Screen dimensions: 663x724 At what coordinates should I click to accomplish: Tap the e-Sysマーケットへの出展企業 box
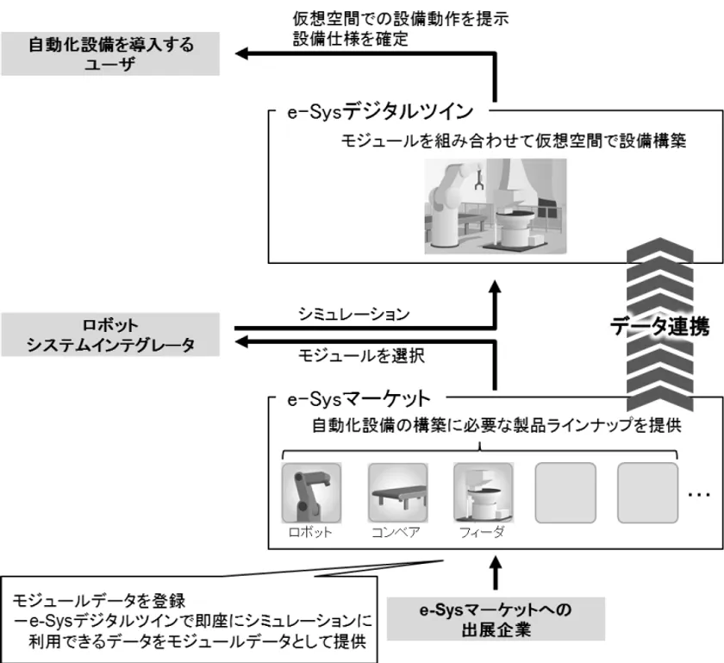click(496, 618)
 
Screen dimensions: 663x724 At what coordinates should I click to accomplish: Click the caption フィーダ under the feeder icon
click(483, 531)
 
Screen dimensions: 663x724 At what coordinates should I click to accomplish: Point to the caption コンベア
click(397, 531)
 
